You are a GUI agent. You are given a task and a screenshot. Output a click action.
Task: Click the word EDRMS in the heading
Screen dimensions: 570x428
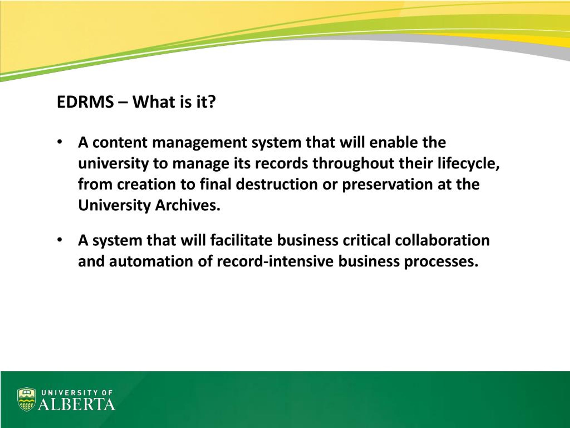point(85,102)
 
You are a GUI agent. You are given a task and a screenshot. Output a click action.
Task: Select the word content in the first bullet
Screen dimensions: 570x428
point(120,142)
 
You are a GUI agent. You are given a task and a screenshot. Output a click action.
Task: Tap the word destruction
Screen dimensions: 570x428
point(277,184)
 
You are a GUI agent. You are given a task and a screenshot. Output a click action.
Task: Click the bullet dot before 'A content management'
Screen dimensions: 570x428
point(60,142)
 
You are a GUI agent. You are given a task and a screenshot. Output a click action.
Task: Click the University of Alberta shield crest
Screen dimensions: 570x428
point(26,399)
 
